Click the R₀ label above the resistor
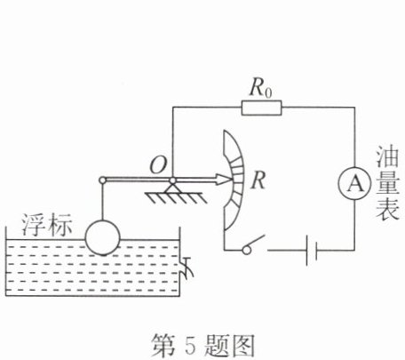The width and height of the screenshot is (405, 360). tap(260, 88)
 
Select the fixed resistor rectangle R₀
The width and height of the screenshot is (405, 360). tap(261, 108)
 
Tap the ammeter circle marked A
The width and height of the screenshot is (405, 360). tap(354, 184)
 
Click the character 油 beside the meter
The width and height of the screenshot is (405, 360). tap(387, 156)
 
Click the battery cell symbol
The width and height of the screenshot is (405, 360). tap(312, 251)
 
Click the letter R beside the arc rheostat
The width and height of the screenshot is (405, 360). tap(258, 180)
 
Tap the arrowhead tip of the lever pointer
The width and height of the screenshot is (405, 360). tap(231, 180)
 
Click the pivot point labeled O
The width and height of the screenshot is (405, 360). tap(172, 180)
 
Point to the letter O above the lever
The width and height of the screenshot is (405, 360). tap(158, 164)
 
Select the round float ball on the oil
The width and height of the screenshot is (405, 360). tap(102, 237)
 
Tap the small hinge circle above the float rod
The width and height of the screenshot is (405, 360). tap(102, 180)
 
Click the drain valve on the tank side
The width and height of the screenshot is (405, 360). tap(187, 268)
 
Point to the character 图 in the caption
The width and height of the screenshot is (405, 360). tap(242, 345)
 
